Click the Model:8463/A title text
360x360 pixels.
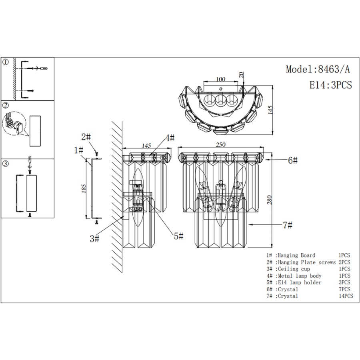coord(318,69)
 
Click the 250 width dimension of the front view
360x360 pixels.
coord(221,144)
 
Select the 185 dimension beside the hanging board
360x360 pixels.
coord(84,189)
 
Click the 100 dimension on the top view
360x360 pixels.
coord(220,80)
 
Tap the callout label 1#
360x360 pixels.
coord(78,150)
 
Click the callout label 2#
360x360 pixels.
coord(86,137)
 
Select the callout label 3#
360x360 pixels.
coord(94,239)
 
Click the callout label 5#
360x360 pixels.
coord(178,236)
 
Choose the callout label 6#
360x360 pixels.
coord(293,160)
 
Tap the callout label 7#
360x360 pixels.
coord(287,225)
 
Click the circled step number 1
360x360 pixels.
coord(6,62)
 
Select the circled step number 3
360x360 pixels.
coord(6,164)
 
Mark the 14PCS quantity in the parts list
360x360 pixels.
coord(346,296)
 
